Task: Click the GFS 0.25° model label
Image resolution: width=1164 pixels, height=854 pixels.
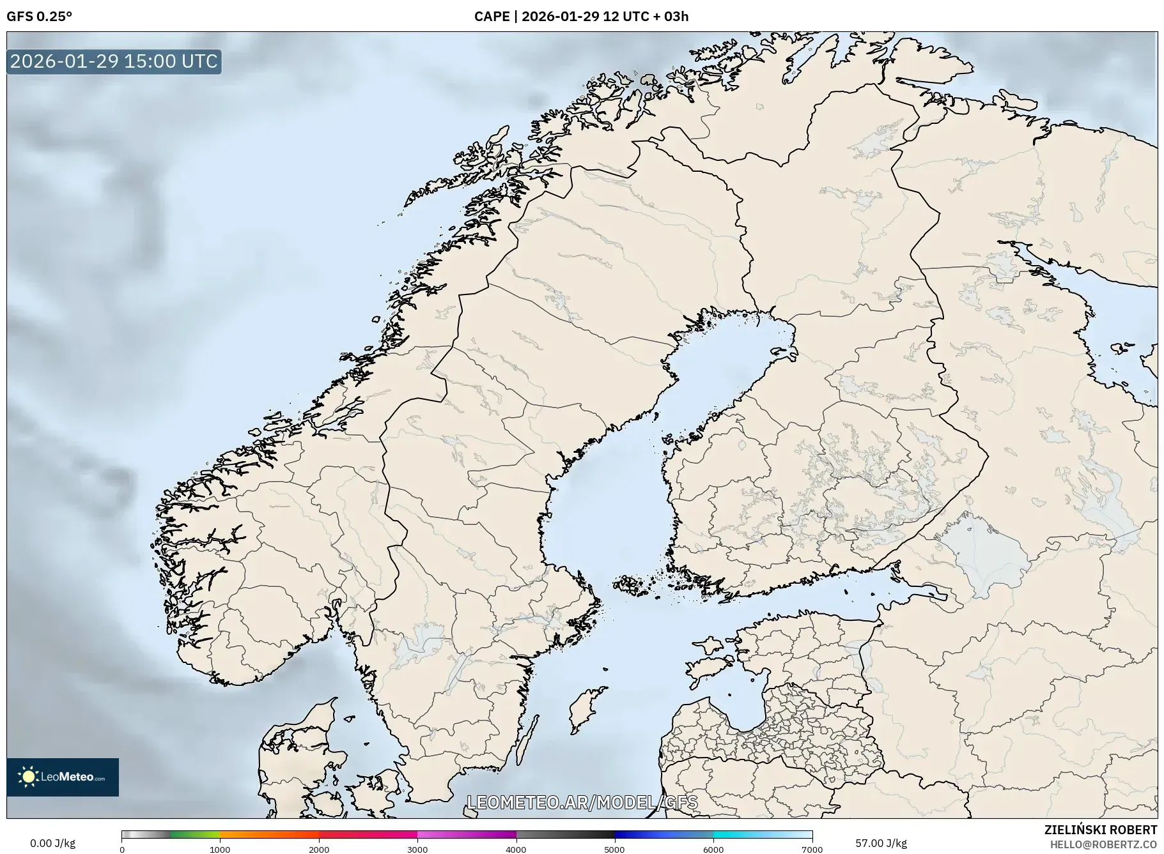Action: click(39, 17)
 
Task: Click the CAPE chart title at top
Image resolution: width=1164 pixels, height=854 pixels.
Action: click(581, 17)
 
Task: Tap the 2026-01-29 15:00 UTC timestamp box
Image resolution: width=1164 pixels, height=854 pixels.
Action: click(114, 61)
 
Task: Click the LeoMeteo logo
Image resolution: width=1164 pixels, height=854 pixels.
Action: click(63, 777)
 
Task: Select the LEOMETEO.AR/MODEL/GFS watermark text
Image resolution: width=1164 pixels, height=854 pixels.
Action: click(582, 802)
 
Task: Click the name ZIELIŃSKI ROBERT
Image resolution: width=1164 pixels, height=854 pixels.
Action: click(1100, 830)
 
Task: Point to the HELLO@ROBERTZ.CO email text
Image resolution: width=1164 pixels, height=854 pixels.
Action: click(1103, 844)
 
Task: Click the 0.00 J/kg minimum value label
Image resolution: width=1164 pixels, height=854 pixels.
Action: click(52, 843)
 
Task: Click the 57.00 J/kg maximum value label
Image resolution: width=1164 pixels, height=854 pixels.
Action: click(881, 843)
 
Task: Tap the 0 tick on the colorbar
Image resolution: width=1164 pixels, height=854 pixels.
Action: click(122, 849)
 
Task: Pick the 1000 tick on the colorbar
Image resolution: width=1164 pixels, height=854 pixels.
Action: click(220, 849)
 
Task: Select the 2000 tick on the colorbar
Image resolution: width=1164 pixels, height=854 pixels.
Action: click(319, 849)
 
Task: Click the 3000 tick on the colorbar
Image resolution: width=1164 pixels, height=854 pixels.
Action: click(417, 849)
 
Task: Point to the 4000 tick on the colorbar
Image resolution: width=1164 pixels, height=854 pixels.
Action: click(516, 849)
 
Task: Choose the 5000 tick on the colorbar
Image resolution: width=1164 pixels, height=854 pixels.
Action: click(615, 849)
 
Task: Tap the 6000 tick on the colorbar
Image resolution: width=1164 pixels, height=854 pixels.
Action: click(713, 849)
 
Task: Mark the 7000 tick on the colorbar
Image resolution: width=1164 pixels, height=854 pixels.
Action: click(812, 849)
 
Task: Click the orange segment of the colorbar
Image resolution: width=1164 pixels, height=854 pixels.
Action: click(268, 834)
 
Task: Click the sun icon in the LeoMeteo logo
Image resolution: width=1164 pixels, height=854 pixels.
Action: click(28, 777)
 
